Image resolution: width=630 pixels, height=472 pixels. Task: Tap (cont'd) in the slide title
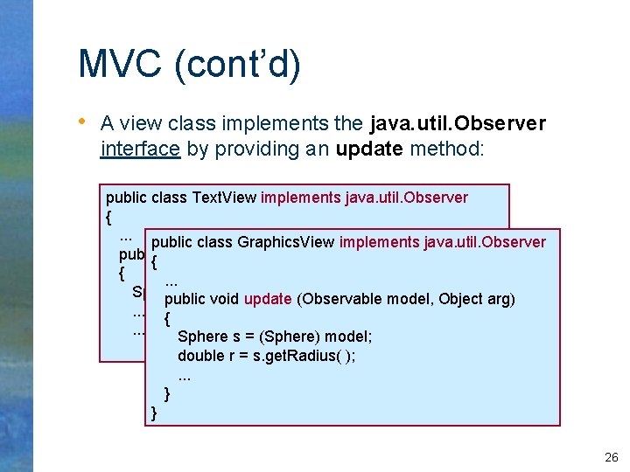coord(238,65)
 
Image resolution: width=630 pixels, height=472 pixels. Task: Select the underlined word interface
coord(141,149)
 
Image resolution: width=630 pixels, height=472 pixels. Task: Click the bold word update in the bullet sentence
coord(368,149)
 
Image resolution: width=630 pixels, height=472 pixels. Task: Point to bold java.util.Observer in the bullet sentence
coord(458,123)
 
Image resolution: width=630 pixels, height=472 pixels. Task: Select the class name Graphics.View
coord(286,242)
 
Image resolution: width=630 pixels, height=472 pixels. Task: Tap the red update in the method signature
coord(268,299)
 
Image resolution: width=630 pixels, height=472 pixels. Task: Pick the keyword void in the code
coord(224,299)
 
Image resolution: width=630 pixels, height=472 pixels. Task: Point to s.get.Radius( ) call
coord(304,356)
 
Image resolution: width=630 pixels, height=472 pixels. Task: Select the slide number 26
coord(611,457)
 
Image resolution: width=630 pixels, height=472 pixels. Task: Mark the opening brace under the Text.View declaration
coord(108,216)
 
